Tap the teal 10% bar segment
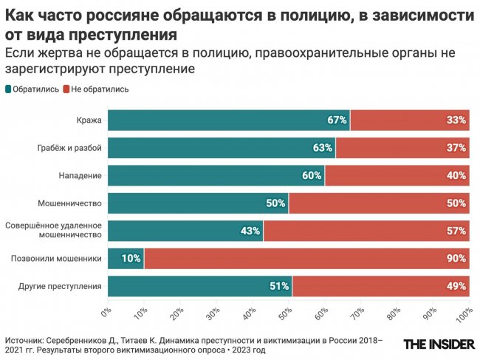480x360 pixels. click(126, 259)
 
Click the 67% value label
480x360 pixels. click(337, 120)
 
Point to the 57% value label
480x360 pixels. click(456, 231)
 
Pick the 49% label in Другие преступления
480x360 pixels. click(456, 287)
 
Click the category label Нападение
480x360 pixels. click(80, 176)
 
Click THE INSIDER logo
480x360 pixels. click(436, 344)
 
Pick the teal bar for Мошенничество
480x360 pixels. click(198, 203)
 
